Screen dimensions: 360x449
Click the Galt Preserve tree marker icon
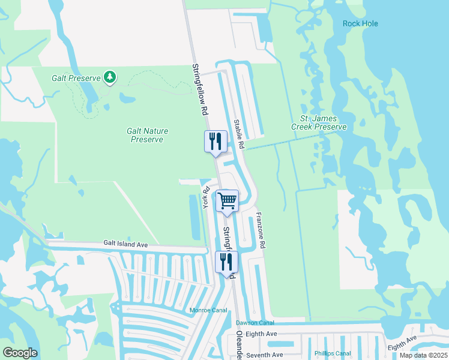coord(109,77)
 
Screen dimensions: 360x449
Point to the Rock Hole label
coord(360,23)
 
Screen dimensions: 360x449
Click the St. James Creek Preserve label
coord(319,123)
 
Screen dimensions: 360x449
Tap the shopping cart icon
coord(228,200)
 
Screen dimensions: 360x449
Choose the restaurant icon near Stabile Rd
coord(215,142)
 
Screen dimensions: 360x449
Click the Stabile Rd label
coord(239,133)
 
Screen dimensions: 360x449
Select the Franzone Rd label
coord(261,230)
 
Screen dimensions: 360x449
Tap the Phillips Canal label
coord(332,353)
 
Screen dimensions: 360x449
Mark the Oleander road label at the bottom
coord(238,346)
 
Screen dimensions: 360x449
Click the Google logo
coord(20,353)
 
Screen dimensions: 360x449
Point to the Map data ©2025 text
coord(423,355)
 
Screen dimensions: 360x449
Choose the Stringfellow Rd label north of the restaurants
coord(200,89)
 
